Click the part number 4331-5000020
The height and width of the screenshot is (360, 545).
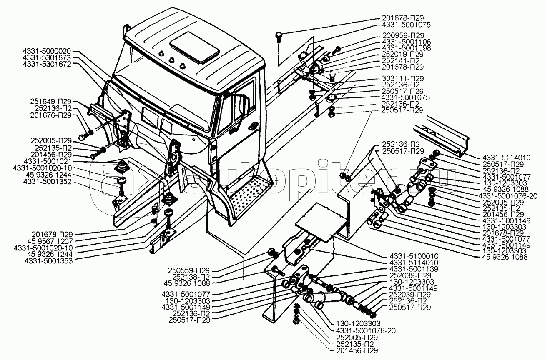click(x=47, y=52)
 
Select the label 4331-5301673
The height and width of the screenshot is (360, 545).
click(x=47, y=58)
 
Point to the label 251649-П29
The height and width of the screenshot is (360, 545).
click(x=50, y=102)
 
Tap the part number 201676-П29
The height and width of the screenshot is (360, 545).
click(x=50, y=115)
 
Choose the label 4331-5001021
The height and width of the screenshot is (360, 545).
click(x=48, y=162)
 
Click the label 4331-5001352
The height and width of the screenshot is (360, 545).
click(x=48, y=182)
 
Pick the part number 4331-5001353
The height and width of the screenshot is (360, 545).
click(x=48, y=261)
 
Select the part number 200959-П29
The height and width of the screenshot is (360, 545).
click(x=403, y=35)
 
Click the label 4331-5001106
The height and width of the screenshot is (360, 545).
click(x=406, y=42)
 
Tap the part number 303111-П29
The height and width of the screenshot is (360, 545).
click(x=403, y=79)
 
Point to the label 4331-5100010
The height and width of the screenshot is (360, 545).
click(x=414, y=256)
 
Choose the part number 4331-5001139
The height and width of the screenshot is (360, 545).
click(x=414, y=269)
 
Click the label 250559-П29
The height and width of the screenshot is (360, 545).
click(x=189, y=271)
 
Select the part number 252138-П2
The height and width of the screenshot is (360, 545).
click(x=191, y=277)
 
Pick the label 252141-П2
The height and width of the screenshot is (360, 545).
click(x=401, y=61)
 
